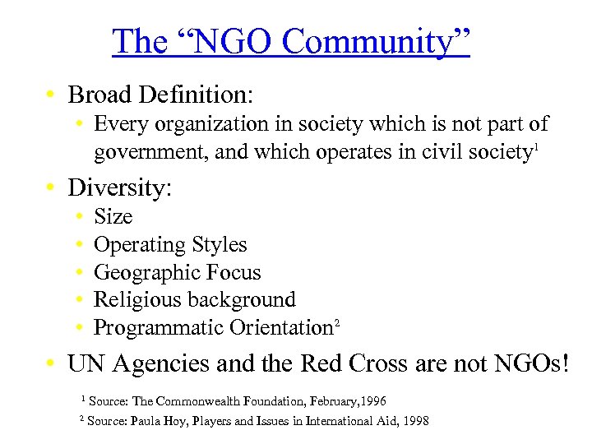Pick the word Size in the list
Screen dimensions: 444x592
click(113, 216)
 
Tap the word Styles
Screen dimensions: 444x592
click(220, 244)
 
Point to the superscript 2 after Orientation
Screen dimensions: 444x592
click(335, 322)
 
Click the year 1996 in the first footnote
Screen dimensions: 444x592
click(371, 400)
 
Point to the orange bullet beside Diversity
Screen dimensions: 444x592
click(51, 188)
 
